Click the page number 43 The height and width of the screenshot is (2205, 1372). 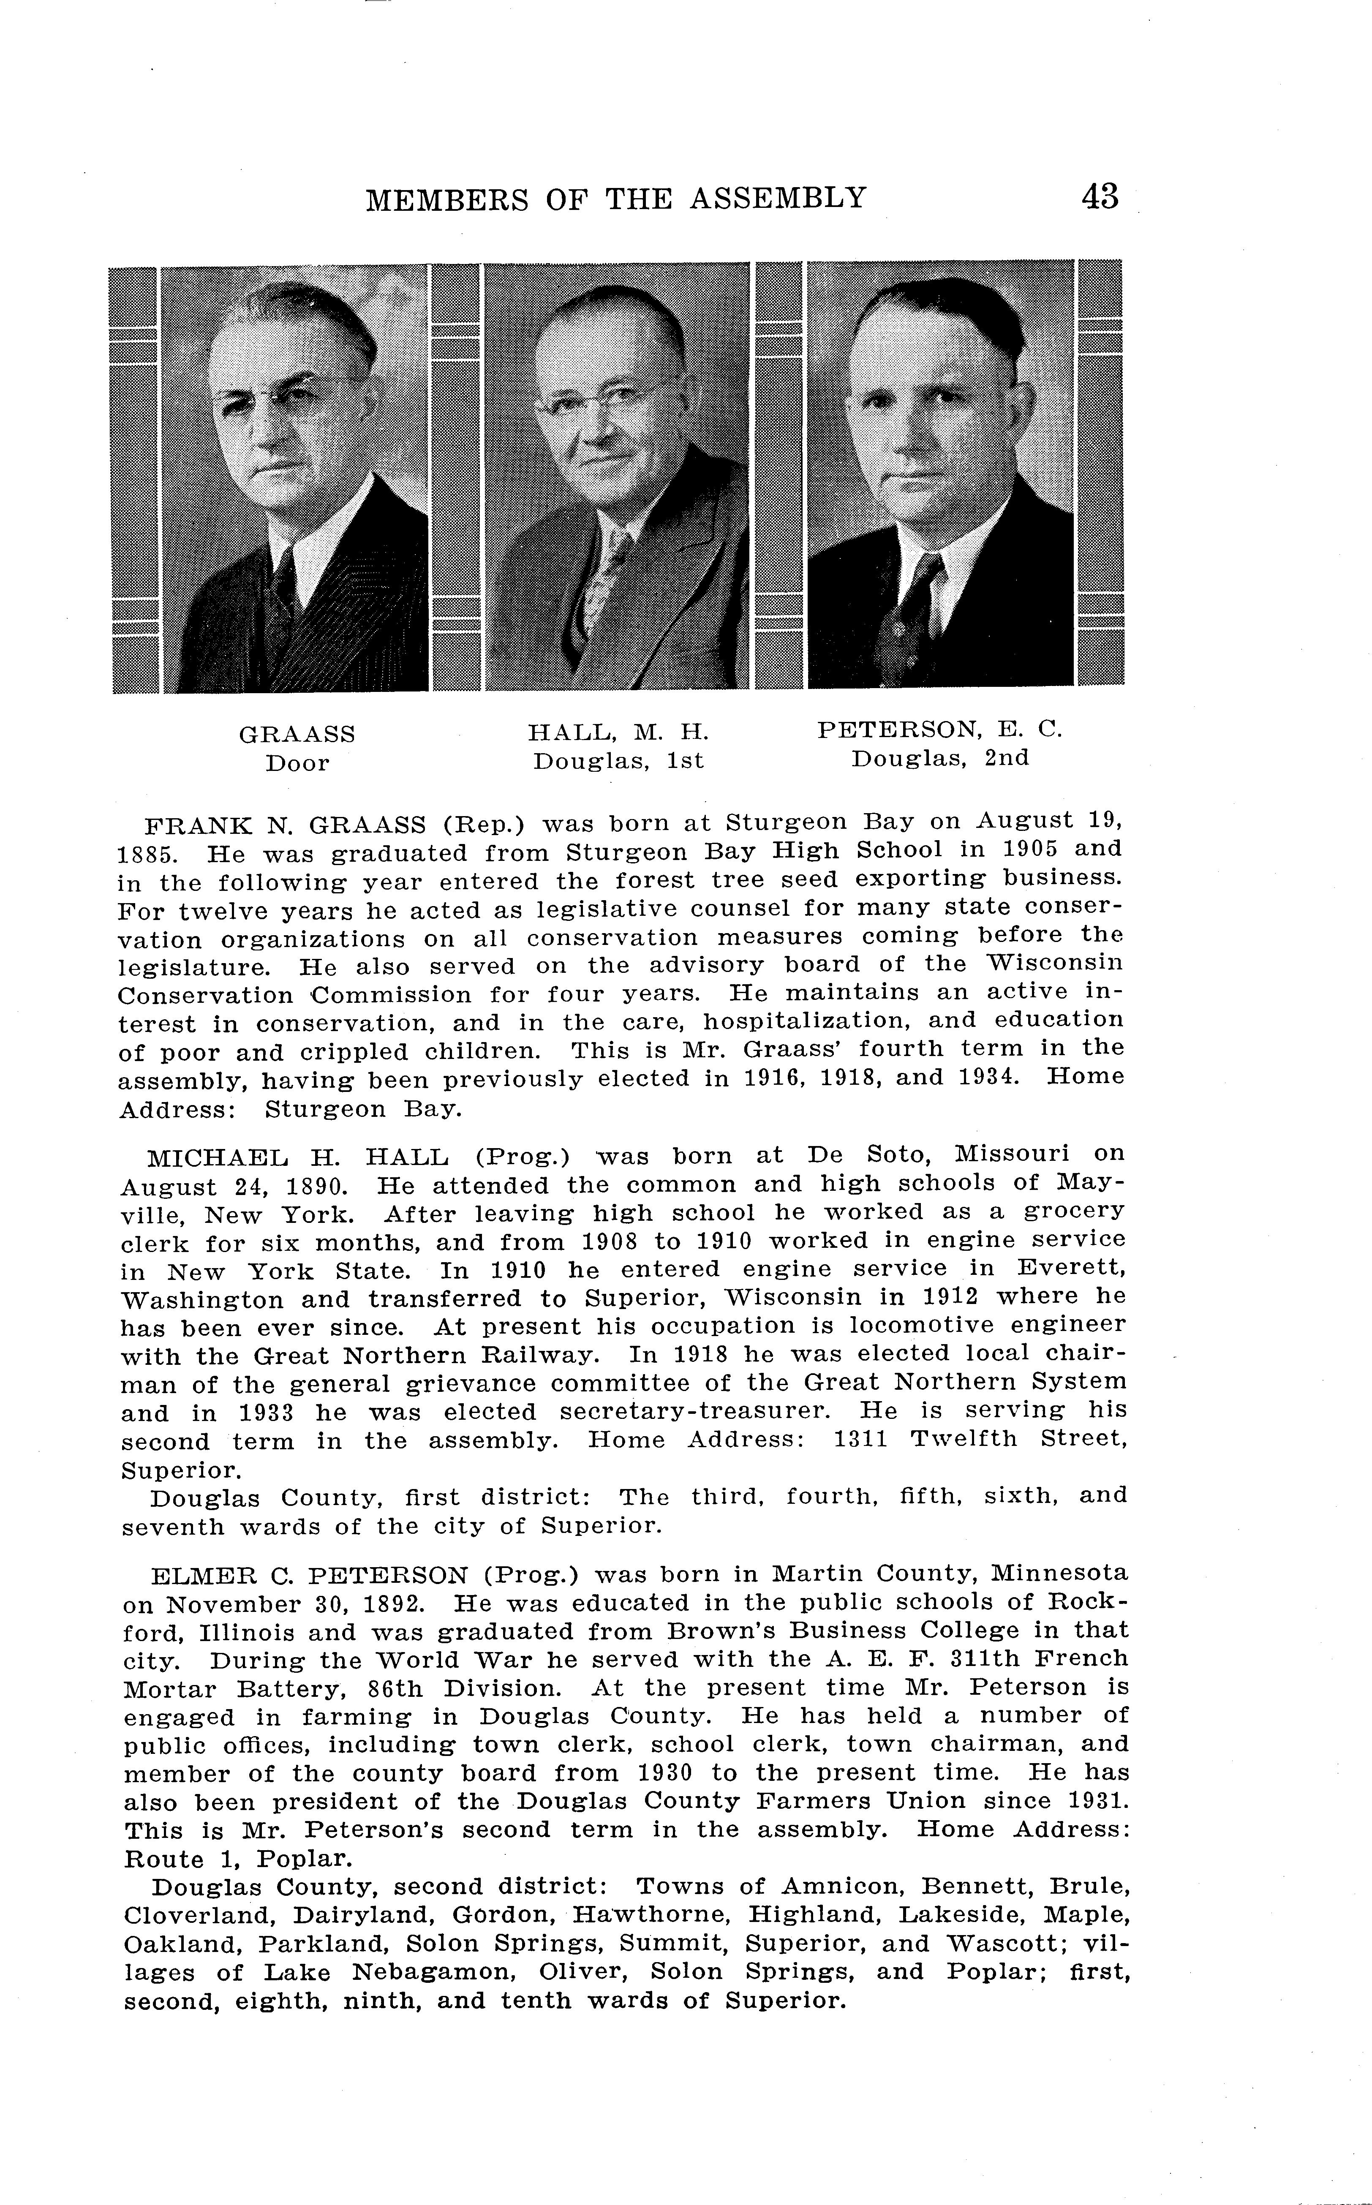tap(1100, 197)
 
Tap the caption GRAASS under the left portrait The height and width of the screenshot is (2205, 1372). tap(297, 733)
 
